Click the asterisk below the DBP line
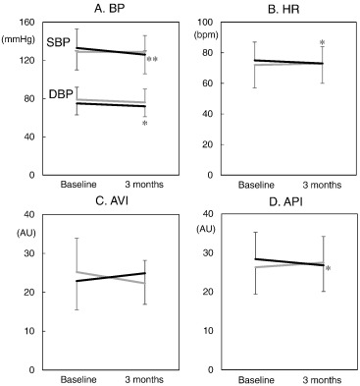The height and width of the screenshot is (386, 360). point(145,125)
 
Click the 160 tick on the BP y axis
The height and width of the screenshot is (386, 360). point(26,22)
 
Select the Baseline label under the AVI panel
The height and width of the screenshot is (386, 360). point(77,379)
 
